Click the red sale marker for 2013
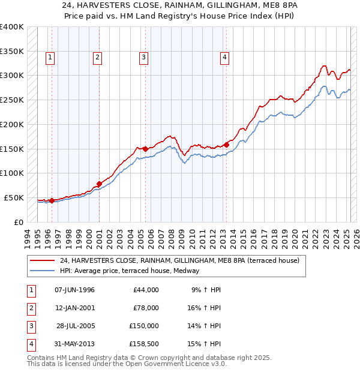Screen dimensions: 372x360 point(227,144)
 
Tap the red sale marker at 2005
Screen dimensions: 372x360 point(145,148)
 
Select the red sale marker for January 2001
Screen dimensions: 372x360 point(99,184)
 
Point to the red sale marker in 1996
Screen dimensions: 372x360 point(52,200)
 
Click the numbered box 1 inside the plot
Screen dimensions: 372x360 point(49,58)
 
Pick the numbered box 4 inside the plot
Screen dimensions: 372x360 point(224,58)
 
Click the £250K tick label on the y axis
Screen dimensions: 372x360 point(12,100)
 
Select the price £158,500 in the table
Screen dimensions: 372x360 point(144,344)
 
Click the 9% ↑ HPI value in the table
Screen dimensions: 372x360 point(206,290)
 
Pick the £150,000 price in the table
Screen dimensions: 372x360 point(144,326)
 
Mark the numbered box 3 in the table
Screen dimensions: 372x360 point(30,326)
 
